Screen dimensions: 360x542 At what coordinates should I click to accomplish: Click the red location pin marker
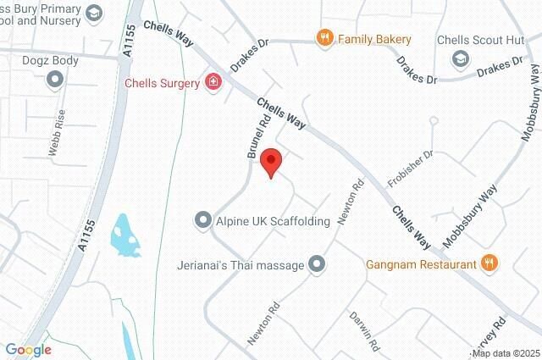coord(271,160)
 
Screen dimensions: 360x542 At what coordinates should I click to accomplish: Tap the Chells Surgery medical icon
coord(213,82)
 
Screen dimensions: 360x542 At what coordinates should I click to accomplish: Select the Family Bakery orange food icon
coord(324,38)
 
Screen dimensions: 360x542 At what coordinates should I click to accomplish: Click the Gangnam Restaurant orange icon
coord(489,263)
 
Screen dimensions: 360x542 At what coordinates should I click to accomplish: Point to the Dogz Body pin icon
coord(57,80)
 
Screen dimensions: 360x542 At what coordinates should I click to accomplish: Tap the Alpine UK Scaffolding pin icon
coord(202,221)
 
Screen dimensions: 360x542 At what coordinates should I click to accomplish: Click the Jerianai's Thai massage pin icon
coord(317,265)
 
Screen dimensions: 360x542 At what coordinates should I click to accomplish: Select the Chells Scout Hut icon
coord(459,58)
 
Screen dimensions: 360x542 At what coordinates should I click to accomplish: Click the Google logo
coord(28,350)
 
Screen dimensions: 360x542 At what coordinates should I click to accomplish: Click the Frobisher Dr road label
coord(410,169)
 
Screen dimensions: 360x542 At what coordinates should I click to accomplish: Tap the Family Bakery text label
coord(374,39)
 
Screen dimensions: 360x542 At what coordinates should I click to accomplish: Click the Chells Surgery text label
coord(162,83)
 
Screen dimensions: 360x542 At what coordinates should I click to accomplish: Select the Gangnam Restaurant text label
coord(421,264)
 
